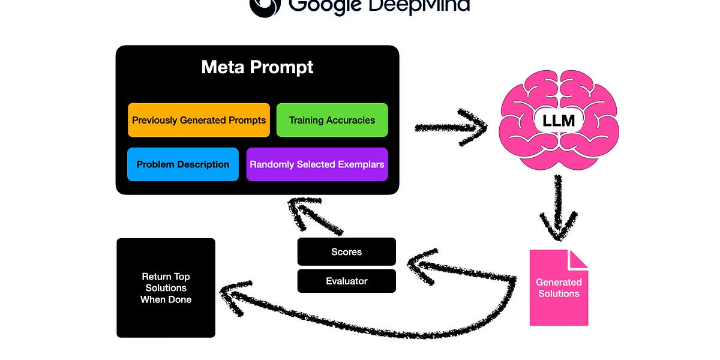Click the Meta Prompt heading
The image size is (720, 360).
coord(257,67)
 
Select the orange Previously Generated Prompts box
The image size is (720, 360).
coord(199,120)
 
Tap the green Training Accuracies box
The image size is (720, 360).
coord(332,120)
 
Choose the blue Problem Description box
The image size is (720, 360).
coord(182,164)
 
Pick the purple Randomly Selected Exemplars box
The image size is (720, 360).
coord(317,164)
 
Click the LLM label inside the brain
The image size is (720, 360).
coord(559,121)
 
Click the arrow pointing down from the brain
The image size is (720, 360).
coord(559,210)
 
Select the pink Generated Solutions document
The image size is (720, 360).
coord(558,288)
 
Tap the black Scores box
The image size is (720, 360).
coord(346,251)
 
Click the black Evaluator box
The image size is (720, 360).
coord(346,281)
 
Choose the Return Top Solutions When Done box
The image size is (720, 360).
coord(166,288)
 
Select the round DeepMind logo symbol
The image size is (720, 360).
coord(264,6)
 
